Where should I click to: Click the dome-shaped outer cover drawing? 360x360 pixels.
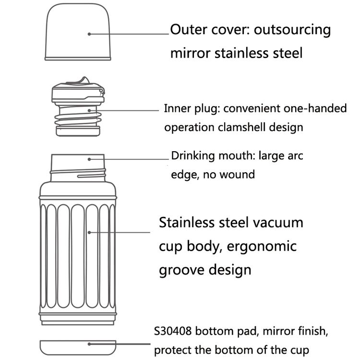pyautogui.click(x=78, y=32)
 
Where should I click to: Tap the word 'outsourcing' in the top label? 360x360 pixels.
pyautogui.click(x=292, y=30)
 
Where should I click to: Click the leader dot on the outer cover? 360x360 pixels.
pyautogui.click(x=89, y=34)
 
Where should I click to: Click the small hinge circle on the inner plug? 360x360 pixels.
pyautogui.click(x=101, y=91)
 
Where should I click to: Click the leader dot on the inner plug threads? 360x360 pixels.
pyautogui.click(x=89, y=110)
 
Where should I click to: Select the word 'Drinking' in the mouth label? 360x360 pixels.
pyautogui.click(x=192, y=156)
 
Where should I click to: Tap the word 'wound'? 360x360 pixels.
pyautogui.click(x=237, y=174)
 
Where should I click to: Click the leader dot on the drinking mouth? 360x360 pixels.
pyautogui.click(x=89, y=159)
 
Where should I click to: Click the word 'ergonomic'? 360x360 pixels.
pyautogui.click(x=262, y=247)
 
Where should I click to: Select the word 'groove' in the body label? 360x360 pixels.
pyautogui.click(x=182, y=270)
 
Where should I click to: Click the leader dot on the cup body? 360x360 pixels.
pyautogui.click(x=89, y=232)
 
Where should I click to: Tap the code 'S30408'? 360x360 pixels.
pyautogui.click(x=173, y=331)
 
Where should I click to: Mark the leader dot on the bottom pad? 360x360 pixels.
pyautogui.click(x=89, y=344)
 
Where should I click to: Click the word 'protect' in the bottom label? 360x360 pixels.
pyautogui.click(x=173, y=350)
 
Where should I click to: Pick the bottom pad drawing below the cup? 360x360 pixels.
pyautogui.click(x=78, y=348)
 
